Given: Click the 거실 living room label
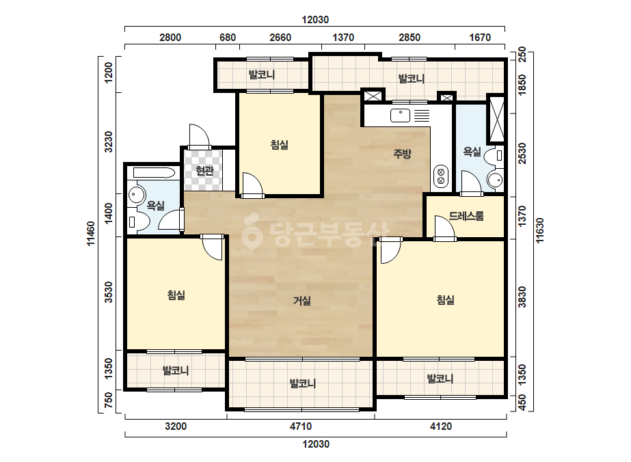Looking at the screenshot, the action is pyautogui.click(x=301, y=301).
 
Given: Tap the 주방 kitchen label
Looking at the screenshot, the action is pyautogui.click(x=402, y=153).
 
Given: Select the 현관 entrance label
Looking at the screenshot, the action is pyautogui.click(x=204, y=171).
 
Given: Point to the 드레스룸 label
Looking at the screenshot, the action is pyautogui.click(x=466, y=216).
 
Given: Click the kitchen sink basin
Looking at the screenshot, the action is pyautogui.click(x=400, y=116).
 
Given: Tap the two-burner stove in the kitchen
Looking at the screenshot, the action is pyautogui.click(x=441, y=176).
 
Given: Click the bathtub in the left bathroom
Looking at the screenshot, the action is pyautogui.click(x=154, y=174).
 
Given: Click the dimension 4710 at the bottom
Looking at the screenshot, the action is pyautogui.click(x=301, y=426).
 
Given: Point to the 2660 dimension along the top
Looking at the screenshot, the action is pyautogui.click(x=280, y=38).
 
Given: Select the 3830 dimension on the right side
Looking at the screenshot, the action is pyautogui.click(x=522, y=297).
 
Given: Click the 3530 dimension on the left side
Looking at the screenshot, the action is pyautogui.click(x=108, y=293).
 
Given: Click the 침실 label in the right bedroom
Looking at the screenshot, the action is pyautogui.click(x=446, y=300).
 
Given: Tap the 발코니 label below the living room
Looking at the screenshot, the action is pyautogui.click(x=303, y=383).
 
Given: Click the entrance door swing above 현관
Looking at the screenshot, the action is pyautogui.click(x=199, y=135).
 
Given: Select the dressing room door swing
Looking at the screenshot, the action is pyautogui.click(x=444, y=227).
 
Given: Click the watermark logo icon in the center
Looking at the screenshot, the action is pyautogui.click(x=252, y=230).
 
